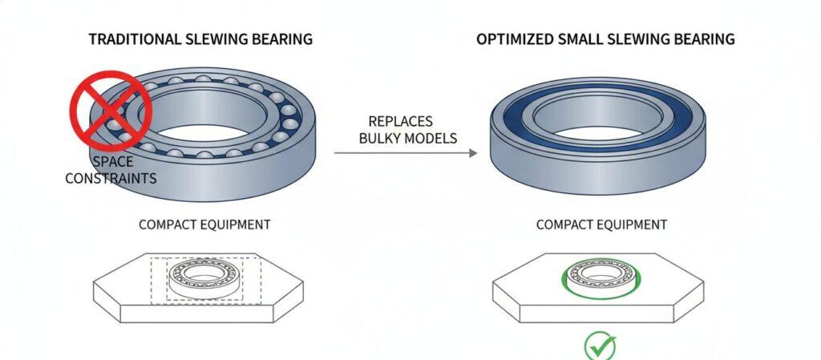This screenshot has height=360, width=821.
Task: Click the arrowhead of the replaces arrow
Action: [473, 152]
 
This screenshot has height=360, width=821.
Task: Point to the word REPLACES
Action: [400, 122]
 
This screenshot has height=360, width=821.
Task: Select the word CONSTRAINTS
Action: [111, 178]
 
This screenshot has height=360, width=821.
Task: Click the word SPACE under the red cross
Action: [111, 162]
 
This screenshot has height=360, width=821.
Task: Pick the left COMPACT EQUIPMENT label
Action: [204, 224]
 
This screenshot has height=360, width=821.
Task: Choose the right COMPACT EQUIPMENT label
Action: [601, 224]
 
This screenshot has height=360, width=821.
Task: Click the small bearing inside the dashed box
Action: [204, 275]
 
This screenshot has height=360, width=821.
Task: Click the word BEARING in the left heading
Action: [281, 39]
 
